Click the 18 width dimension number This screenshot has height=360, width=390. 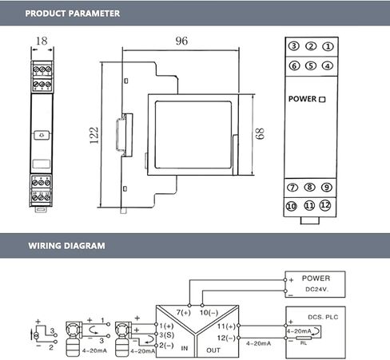(42, 41)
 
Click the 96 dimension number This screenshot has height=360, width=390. (181, 41)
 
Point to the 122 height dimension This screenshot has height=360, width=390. (94, 136)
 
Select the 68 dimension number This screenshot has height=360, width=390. (260, 133)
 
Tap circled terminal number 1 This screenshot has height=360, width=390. (328, 46)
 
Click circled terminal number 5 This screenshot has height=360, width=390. (311, 65)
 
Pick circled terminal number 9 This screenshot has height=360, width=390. (327, 188)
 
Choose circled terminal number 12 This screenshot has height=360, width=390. (325, 205)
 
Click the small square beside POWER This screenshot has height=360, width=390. (322, 100)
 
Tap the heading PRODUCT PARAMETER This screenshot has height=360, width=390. (73, 14)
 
